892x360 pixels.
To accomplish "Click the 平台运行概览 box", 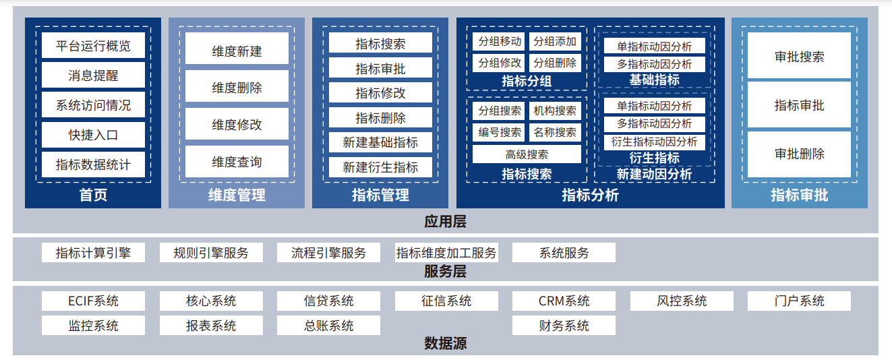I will click(93, 46).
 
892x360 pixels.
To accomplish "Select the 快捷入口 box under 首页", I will click(93, 135).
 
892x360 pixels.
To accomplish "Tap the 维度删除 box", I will click(237, 87).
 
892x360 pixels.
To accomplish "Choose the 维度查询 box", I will click(237, 162).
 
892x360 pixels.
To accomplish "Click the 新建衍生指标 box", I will click(380, 167).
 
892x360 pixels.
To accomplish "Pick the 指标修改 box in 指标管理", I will click(380, 93).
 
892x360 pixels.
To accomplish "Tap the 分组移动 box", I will click(500, 42).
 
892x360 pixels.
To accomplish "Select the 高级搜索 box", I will click(527, 154).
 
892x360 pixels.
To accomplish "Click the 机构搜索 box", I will click(555, 111).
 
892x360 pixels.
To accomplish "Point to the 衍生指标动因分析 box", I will click(654, 142).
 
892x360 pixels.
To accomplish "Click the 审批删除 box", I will click(800, 154).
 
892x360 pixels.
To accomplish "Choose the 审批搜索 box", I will click(800, 57).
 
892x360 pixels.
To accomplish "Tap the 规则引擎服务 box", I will click(211, 253).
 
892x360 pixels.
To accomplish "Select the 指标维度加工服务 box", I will click(446, 253).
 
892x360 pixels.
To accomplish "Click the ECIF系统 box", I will click(93, 301).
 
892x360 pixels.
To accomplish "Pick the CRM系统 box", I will click(564, 301).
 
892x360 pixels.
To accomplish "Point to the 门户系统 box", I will click(799, 301).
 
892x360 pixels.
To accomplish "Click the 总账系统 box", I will click(328, 326).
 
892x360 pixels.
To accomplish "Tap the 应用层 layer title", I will click(445, 221).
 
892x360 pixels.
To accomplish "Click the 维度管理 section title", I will click(237, 196).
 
